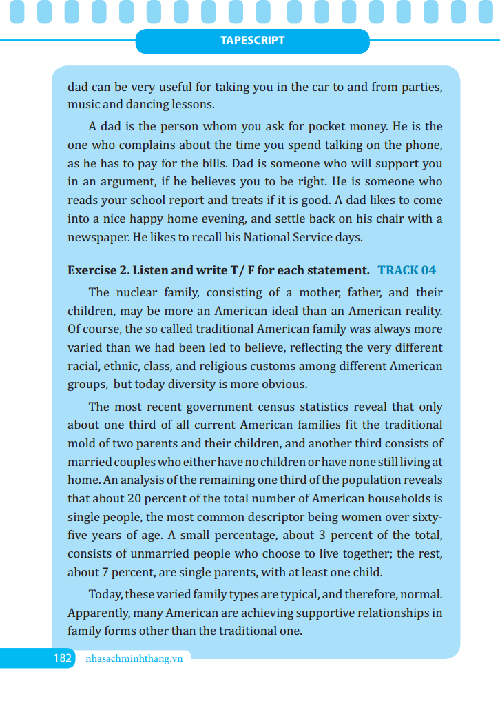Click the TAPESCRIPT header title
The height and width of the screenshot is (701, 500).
252,41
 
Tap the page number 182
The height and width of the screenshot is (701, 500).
63,658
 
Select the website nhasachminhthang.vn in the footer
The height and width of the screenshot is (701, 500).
134,658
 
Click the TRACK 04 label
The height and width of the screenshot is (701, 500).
406,270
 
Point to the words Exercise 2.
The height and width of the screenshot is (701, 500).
97,270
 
